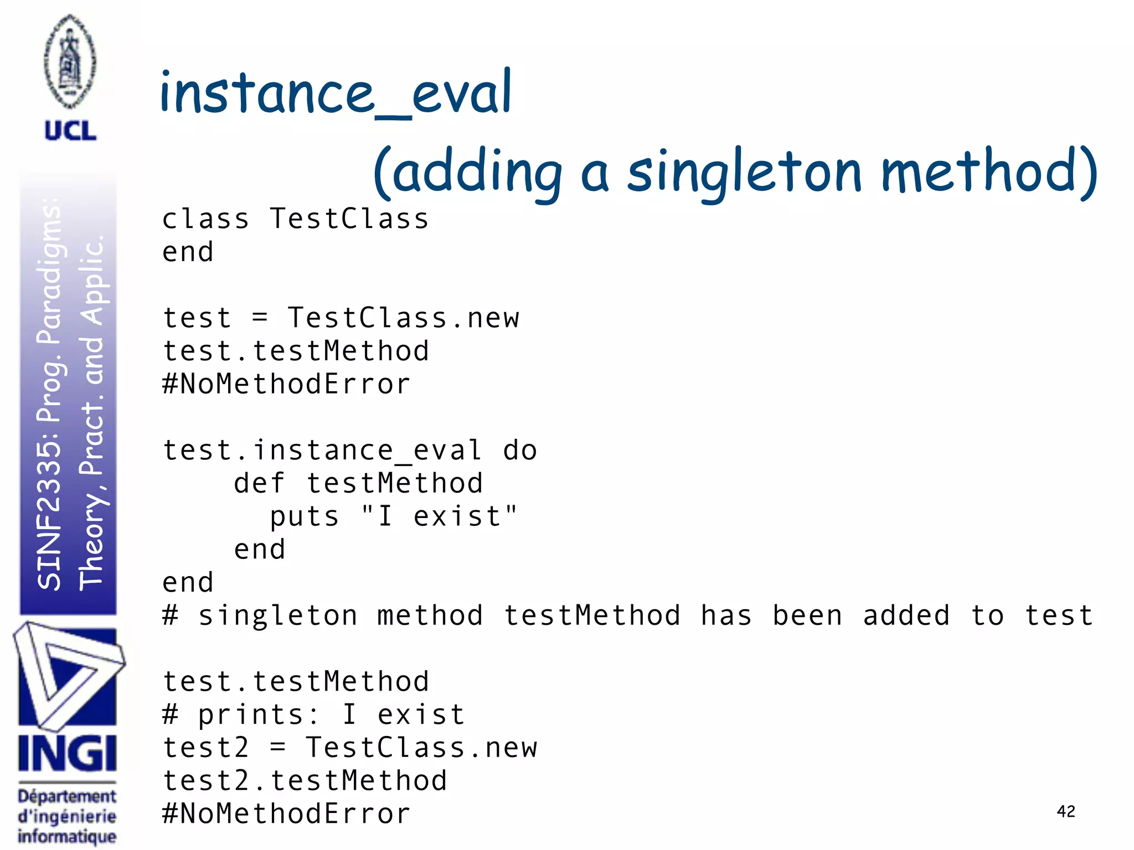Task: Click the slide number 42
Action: click(1065, 811)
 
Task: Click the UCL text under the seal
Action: click(70, 131)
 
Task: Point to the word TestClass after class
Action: click(349, 219)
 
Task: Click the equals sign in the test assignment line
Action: click(260, 318)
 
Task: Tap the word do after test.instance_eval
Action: click(520, 450)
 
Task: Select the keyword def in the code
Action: click(259, 483)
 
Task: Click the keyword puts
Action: click(305, 516)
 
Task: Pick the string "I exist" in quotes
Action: click(439, 516)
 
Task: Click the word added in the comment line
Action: click(906, 615)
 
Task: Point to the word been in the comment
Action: click(807, 615)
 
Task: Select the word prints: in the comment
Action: click(259, 714)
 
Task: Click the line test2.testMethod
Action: click(305, 780)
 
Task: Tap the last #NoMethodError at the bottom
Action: click(286, 813)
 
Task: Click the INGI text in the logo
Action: click(67, 754)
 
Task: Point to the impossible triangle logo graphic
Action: click(68, 675)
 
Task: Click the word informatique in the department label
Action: click(67, 836)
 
